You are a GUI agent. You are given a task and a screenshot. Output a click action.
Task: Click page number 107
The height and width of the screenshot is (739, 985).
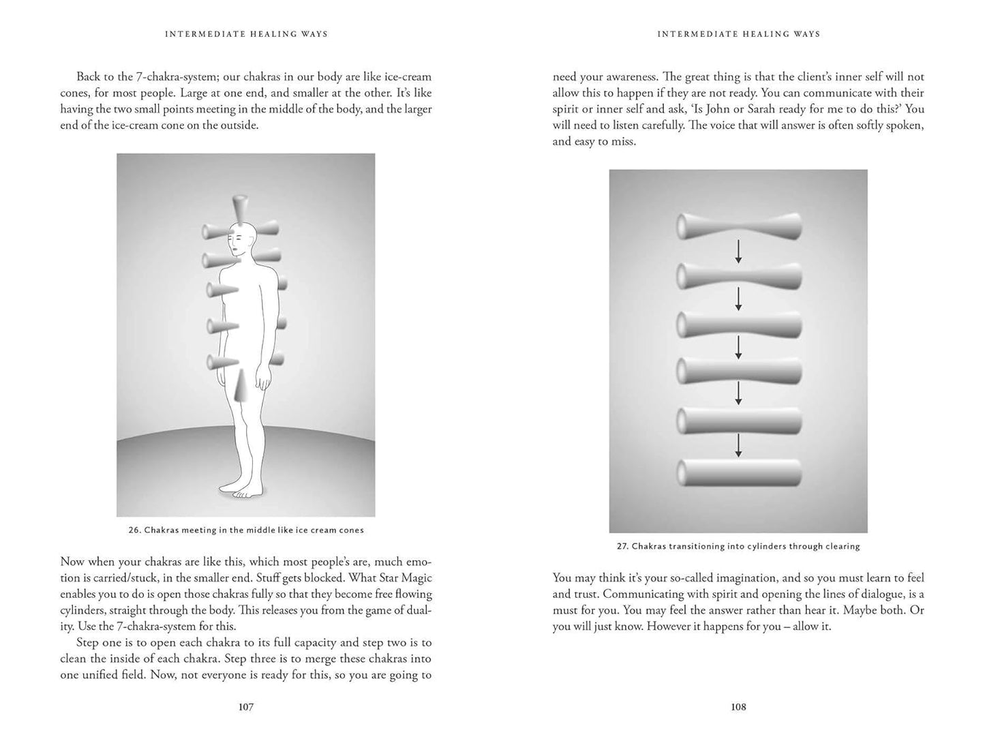[x=246, y=707]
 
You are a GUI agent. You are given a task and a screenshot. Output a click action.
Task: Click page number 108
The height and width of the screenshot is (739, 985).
[x=738, y=707]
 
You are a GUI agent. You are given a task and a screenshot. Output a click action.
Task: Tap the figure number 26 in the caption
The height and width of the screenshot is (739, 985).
[x=134, y=530]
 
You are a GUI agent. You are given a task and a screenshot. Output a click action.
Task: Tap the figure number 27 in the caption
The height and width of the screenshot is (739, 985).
[x=622, y=546]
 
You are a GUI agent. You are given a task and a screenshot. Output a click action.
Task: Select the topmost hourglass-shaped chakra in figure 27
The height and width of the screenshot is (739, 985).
[x=738, y=226]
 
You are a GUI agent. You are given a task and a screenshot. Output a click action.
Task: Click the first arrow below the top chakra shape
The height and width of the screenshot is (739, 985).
[x=738, y=254]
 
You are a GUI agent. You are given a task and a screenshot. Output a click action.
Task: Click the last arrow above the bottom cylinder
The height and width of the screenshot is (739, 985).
[x=738, y=446]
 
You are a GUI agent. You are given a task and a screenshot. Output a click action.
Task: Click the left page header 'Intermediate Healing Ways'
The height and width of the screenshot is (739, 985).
[x=246, y=34]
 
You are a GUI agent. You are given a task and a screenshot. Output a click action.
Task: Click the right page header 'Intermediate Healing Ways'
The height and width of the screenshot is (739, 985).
[x=738, y=34]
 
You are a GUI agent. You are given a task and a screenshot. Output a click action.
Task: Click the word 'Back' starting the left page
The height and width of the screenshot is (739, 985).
[x=88, y=77]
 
